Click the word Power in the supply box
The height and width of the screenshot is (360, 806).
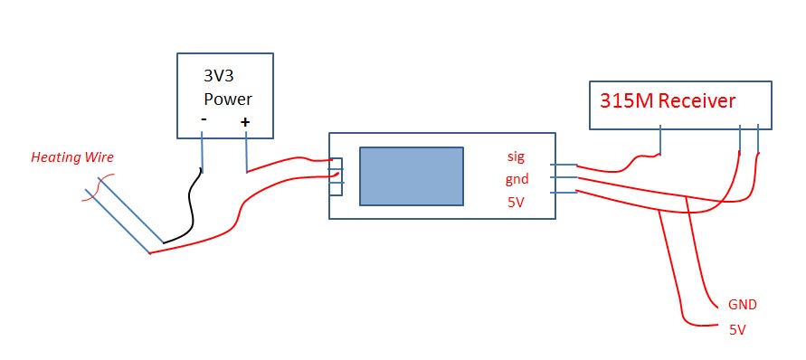click(227, 99)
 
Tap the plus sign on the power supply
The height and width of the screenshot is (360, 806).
click(244, 121)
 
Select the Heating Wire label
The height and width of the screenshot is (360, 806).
click(72, 157)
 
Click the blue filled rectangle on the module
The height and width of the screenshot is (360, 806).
click(412, 176)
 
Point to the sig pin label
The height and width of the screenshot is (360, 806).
click(516, 156)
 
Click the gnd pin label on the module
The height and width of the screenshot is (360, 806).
click(517, 179)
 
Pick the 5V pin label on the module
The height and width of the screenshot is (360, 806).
click(516, 202)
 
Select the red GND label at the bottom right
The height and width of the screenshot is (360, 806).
click(742, 304)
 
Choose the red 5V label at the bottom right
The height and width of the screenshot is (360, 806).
click(737, 330)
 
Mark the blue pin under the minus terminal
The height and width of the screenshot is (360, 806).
click(202, 152)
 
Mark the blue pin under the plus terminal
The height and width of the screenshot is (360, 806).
click(246, 152)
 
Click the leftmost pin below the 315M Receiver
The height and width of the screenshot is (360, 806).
click(661, 142)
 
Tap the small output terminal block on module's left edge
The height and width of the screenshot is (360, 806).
click(336, 176)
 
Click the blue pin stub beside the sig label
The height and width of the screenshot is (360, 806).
click(563, 166)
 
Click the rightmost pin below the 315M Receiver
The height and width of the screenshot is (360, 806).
click(757, 141)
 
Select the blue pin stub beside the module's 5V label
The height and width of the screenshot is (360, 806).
click(563, 192)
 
